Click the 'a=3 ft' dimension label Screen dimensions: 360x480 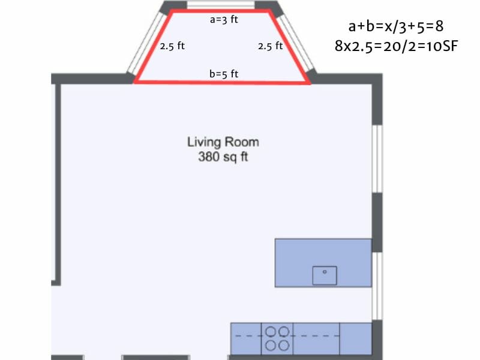tap(224, 20)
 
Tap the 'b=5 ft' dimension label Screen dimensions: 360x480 tap(224, 74)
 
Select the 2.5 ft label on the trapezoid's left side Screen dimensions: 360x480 tap(172, 46)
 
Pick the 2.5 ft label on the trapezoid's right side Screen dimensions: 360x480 tap(271, 46)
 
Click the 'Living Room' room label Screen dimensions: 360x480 tap(223, 142)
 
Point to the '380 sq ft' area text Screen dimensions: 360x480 tap(223, 158)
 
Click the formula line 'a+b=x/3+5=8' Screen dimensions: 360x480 tap(396, 26)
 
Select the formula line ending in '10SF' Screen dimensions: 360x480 tap(396, 46)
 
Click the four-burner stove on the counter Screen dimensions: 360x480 tap(278, 338)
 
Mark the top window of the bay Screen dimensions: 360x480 tap(220, 5)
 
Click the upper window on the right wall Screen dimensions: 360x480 tap(377, 159)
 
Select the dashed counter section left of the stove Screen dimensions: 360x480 tap(246, 338)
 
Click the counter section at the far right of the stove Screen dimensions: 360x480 tap(355, 338)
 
